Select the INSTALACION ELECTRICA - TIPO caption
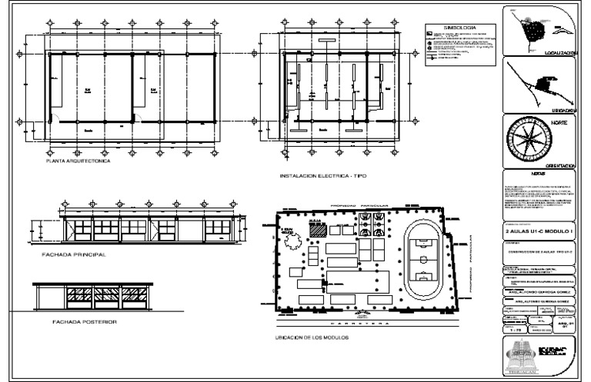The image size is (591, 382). tap(323, 177)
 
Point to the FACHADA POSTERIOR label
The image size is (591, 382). tap(79, 322)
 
